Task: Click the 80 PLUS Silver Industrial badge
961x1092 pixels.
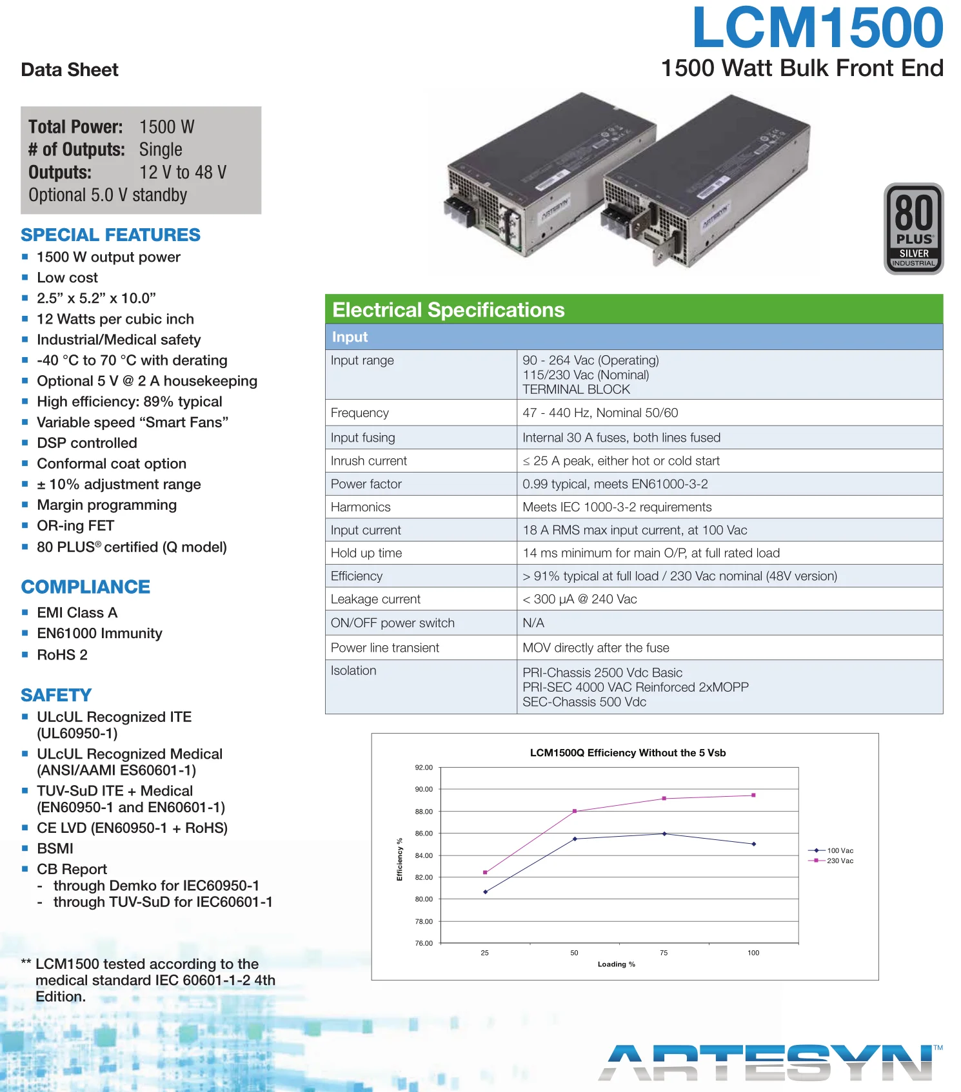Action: tap(913, 229)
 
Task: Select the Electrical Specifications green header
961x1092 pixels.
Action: tap(633, 310)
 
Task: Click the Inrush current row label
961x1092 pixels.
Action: tap(369, 461)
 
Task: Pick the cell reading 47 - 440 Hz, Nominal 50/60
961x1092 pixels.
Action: tap(600, 413)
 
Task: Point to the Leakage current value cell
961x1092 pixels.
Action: tap(579, 599)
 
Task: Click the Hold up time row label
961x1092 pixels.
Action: tap(366, 553)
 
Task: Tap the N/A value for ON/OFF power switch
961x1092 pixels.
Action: tap(533, 623)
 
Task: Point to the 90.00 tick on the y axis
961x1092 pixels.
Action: tap(424, 789)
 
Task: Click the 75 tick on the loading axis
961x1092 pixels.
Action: tap(664, 953)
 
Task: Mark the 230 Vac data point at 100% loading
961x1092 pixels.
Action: tap(753, 795)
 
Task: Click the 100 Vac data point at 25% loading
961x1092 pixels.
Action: tap(485, 892)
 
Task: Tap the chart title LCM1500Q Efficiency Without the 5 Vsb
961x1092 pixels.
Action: tap(628, 753)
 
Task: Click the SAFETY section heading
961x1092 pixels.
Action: tap(56, 695)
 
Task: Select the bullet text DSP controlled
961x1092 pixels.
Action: tap(87, 443)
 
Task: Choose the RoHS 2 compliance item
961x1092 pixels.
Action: tap(62, 655)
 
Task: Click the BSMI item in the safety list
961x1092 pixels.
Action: tap(55, 848)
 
